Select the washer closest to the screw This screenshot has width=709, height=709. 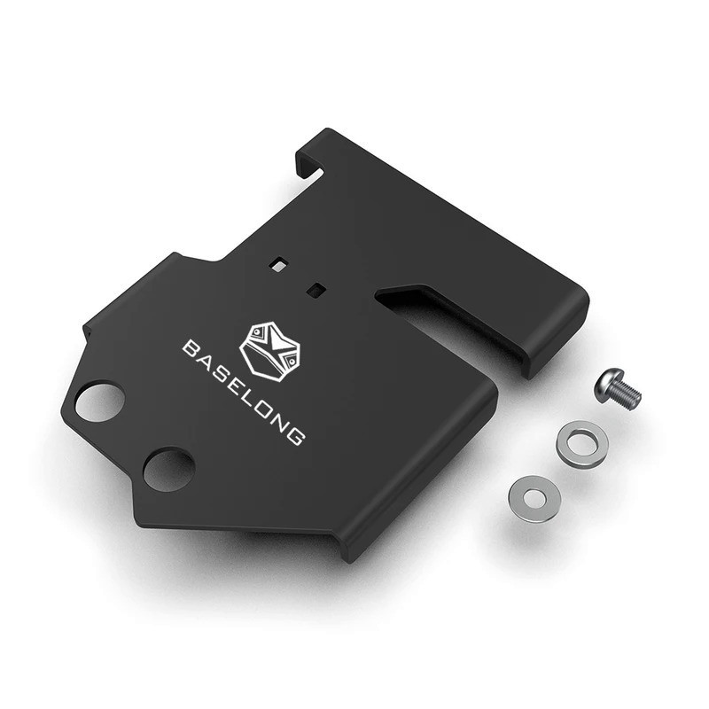[582, 445]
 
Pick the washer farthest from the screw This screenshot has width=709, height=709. [535, 499]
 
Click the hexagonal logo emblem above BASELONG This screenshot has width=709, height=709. [269, 351]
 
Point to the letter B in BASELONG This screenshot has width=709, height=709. [192, 349]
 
